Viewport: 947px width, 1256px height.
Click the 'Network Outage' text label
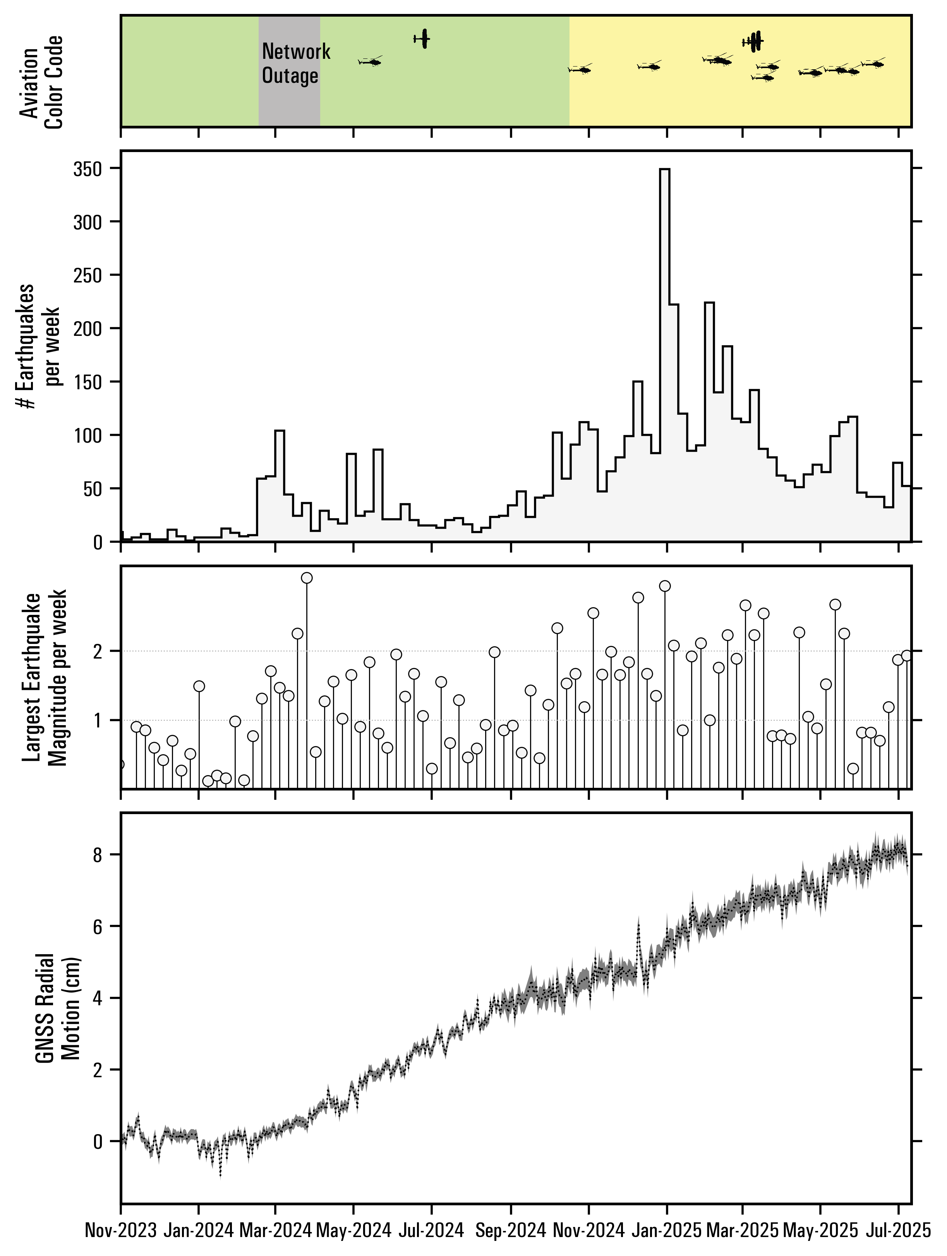click(x=295, y=63)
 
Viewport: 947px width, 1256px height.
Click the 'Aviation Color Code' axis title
click(x=41, y=82)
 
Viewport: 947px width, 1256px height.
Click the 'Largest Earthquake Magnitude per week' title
click(x=45, y=679)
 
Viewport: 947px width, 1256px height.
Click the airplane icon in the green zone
click(x=422, y=39)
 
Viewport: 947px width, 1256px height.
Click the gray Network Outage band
click(x=289, y=102)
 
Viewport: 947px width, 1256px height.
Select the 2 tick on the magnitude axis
click(x=102, y=651)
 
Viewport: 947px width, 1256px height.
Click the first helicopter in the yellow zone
click(x=580, y=70)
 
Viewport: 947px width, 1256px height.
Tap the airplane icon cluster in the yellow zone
click(x=753, y=41)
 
